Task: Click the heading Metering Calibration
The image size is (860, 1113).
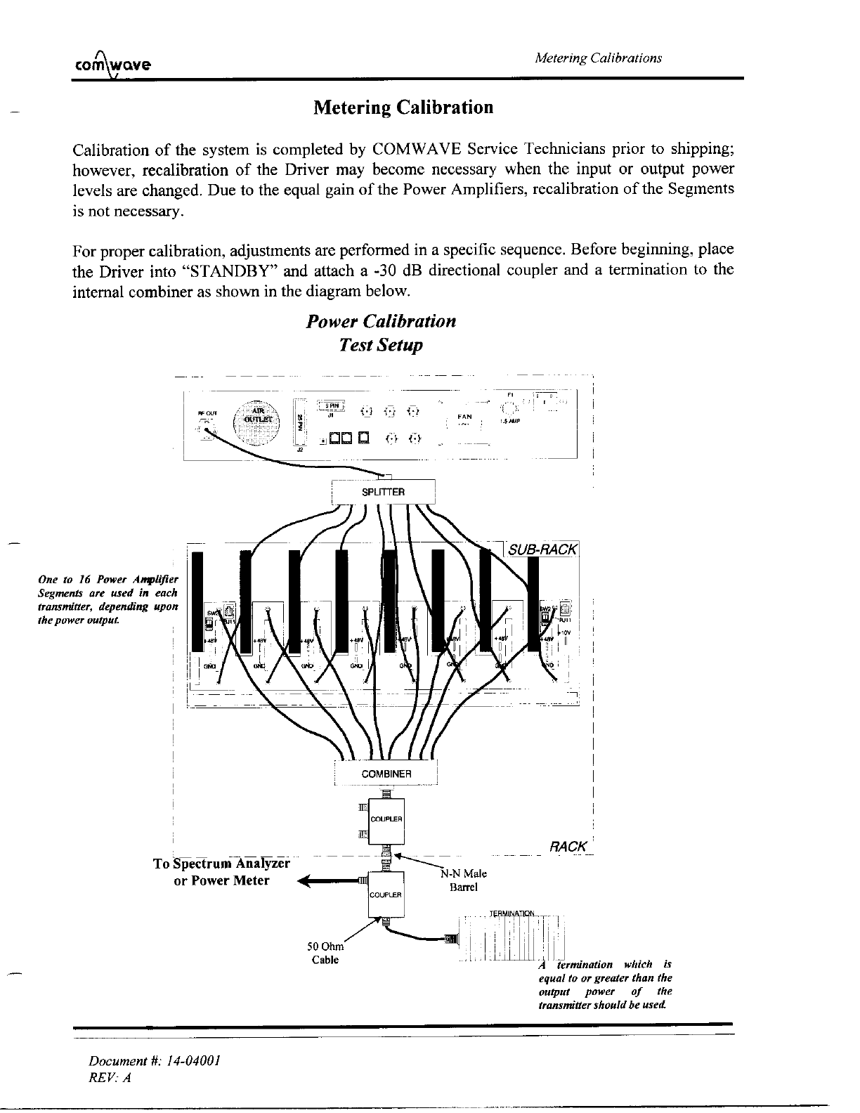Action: (403, 108)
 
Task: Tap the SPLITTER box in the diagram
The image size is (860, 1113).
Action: (383, 492)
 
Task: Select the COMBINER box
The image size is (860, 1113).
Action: (386, 774)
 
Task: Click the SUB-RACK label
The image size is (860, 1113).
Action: (542, 549)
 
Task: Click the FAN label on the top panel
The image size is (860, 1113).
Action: (464, 417)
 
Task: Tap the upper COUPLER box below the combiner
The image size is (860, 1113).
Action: (385, 819)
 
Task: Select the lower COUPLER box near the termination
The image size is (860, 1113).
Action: (385, 894)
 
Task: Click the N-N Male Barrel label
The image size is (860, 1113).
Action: (463, 880)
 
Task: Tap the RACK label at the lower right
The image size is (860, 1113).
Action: (568, 846)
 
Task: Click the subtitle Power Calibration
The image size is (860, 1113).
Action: (382, 322)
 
